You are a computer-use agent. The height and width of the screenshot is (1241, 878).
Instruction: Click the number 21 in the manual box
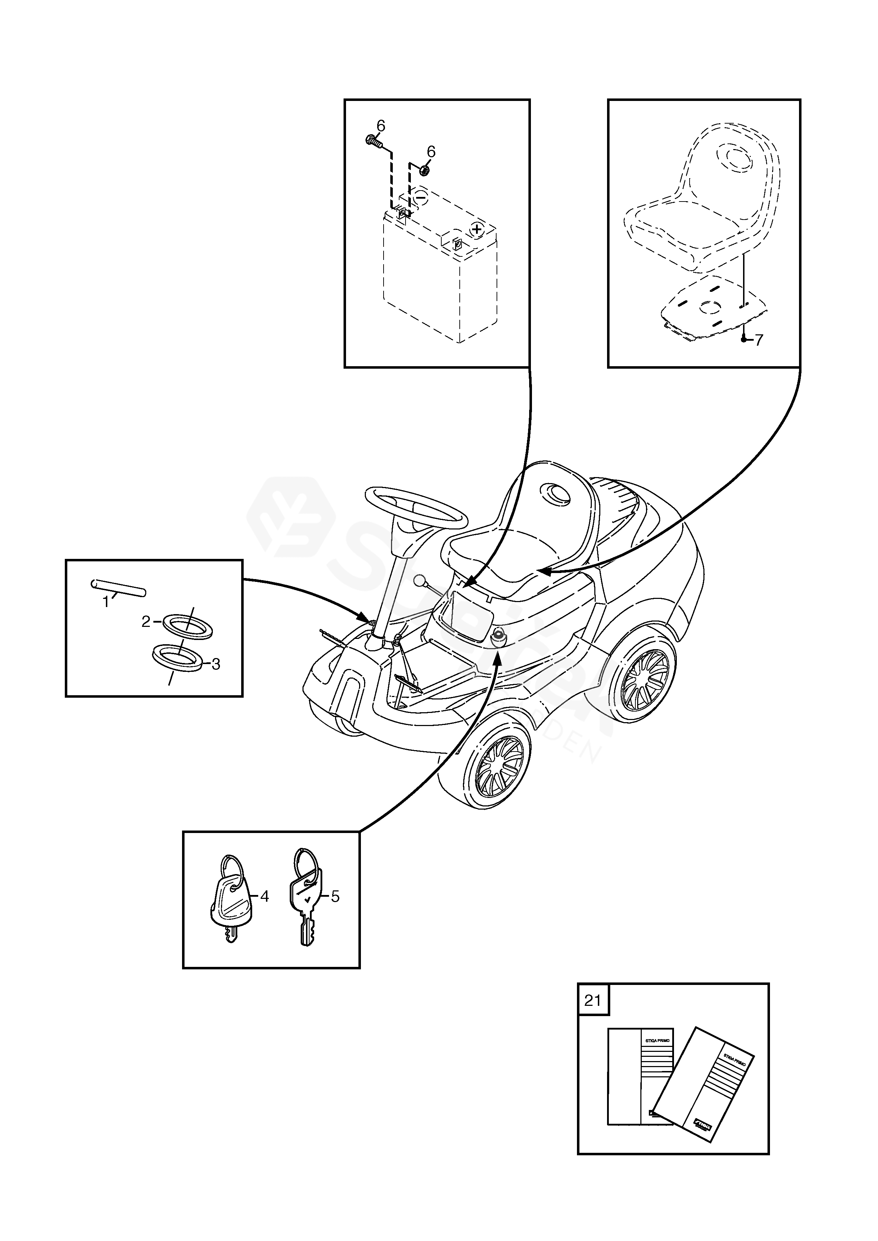(x=593, y=1001)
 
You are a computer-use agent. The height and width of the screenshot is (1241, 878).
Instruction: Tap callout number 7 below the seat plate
(x=759, y=340)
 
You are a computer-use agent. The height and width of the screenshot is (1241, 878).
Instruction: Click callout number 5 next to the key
(x=335, y=897)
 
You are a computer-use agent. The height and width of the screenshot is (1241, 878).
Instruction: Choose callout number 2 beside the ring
(x=146, y=622)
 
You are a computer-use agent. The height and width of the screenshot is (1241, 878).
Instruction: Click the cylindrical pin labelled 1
(x=118, y=588)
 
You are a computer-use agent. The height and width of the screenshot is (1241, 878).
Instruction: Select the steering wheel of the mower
(x=416, y=508)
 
